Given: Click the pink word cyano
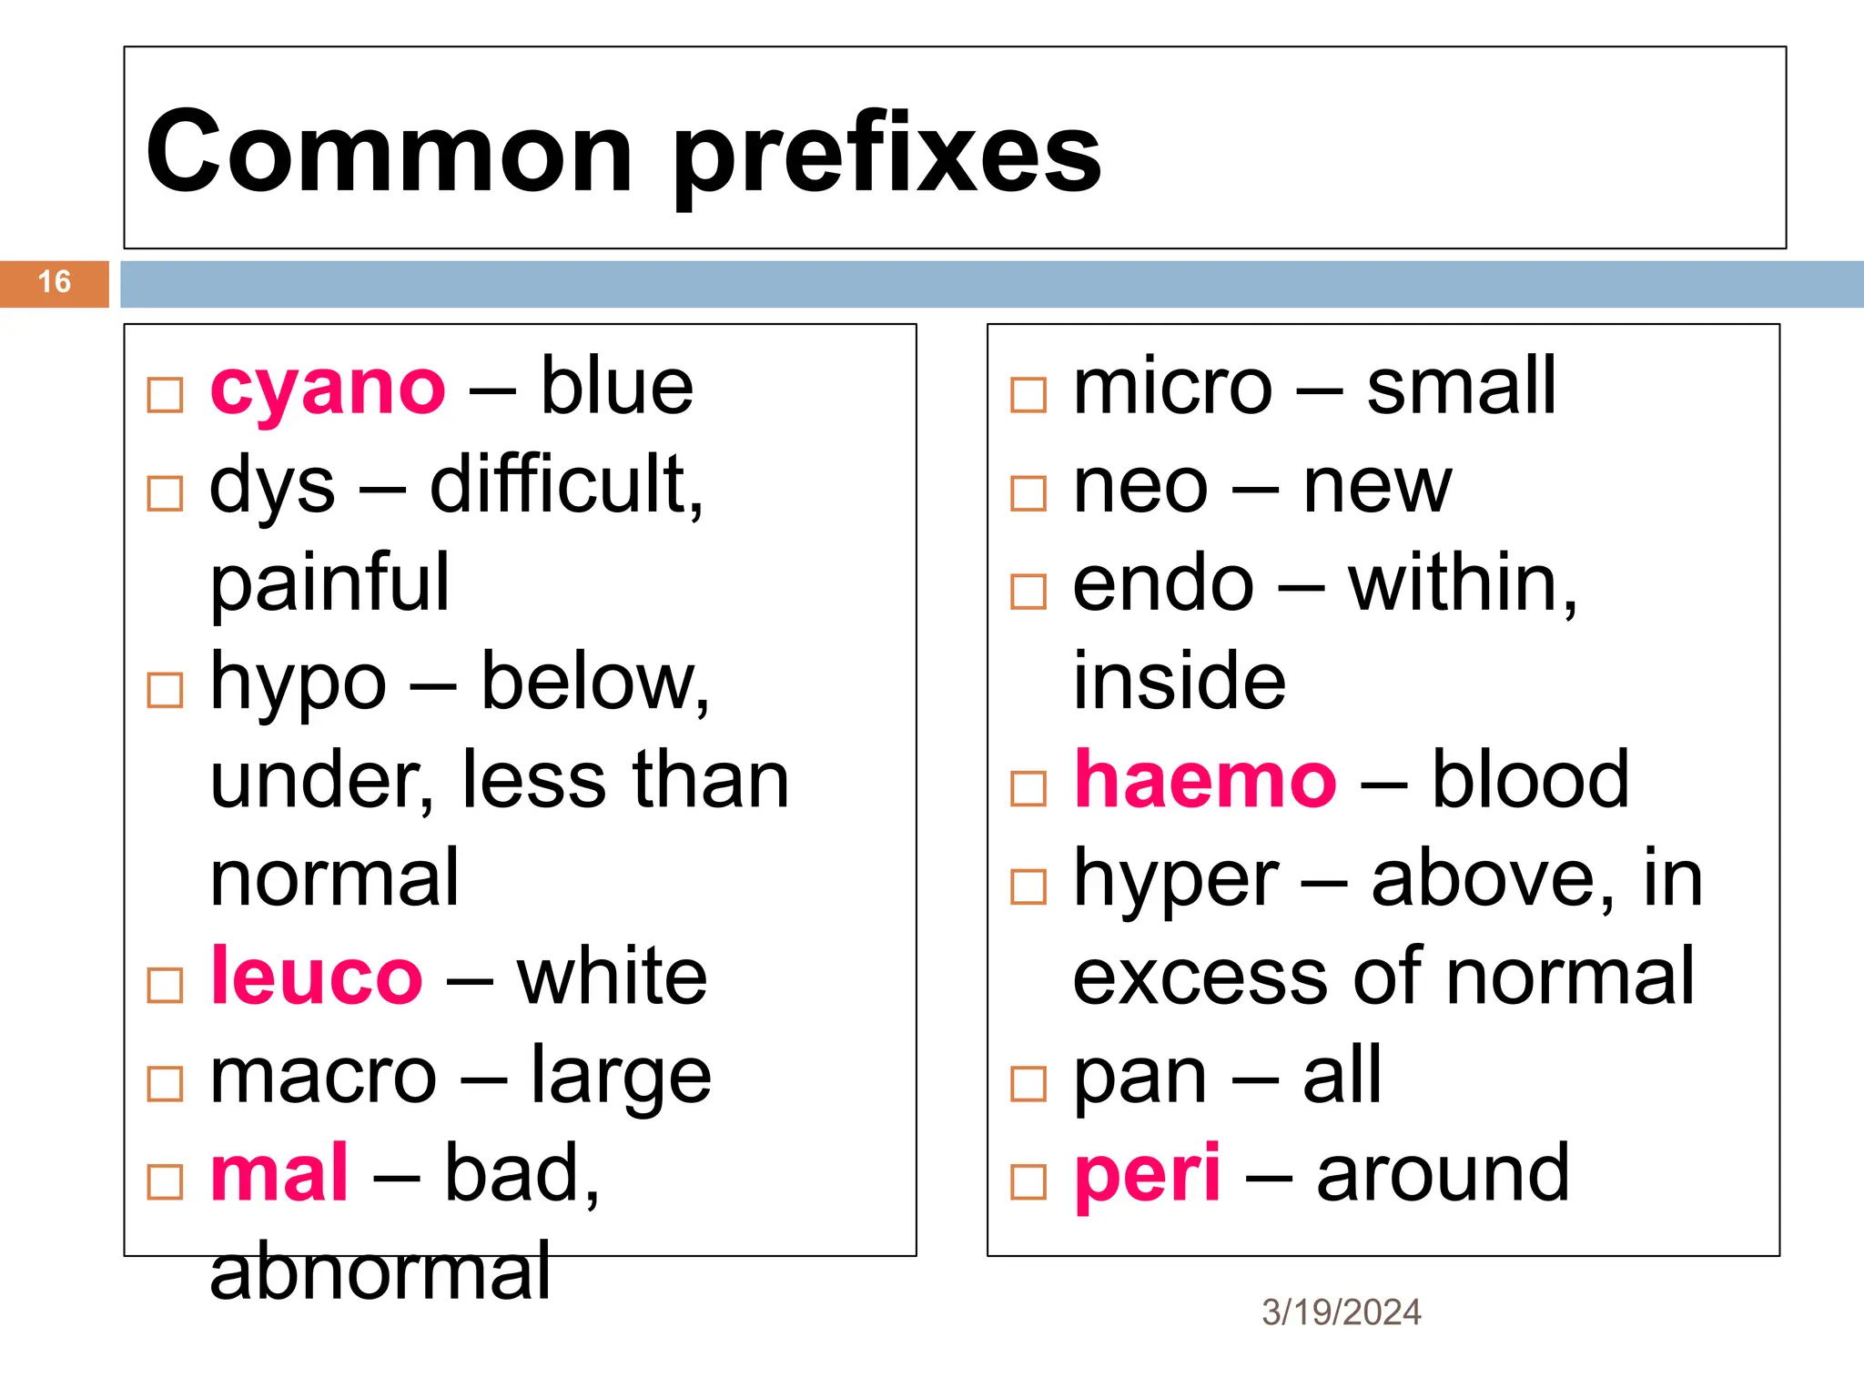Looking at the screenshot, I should pyautogui.click(x=328, y=390).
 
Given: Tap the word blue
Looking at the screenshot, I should pyautogui.click(x=616, y=388).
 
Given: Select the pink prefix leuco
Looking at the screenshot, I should pyautogui.click(x=316, y=978).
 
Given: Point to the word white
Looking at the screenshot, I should pyautogui.click(x=612, y=978).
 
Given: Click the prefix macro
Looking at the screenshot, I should pyautogui.click(x=323, y=1078).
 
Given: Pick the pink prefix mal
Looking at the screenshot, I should pyautogui.click(x=279, y=1174).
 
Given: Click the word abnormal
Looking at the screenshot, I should pyautogui.click(x=380, y=1271).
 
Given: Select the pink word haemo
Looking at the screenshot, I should pyautogui.click(x=1204, y=781).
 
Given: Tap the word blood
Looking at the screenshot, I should pyautogui.click(x=1530, y=781).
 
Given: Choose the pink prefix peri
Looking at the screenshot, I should pyautogui.click(x=1147, y=1176).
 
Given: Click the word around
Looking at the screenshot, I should pyautogui.click(x=1443, y=1174).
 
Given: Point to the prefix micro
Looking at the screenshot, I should pyautogui.click(x=1172, y=388).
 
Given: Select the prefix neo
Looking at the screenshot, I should pyautogui.click(x=1140, y=488).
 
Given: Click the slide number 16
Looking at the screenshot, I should pyautogui.click(x=55, y=282).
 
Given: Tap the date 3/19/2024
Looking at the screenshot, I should pyautogui.click(x=1341, y=1312).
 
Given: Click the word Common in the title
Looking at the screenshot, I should pyautogui.click(x=389, y=152).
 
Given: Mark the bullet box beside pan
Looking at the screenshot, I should pyautogui.click(x=1028, y=1084).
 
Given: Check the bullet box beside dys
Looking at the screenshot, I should pyautogui.click(x=165, y=494).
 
